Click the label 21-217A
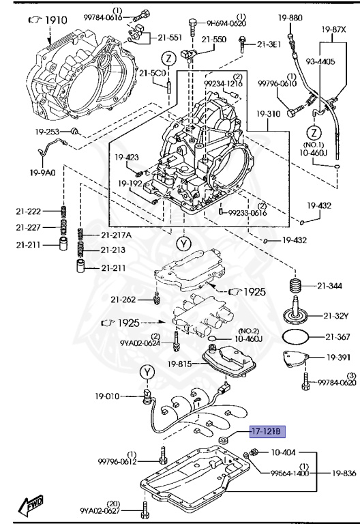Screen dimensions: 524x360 117,235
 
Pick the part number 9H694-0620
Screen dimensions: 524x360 226,23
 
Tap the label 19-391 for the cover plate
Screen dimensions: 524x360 340,357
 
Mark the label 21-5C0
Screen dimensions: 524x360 151,74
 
